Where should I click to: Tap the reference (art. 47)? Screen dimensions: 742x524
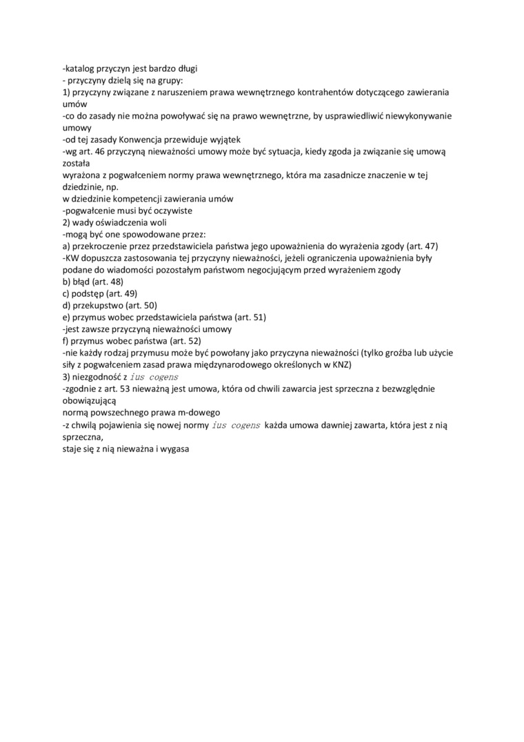(418, 246)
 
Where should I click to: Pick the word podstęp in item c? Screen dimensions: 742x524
(88, 293)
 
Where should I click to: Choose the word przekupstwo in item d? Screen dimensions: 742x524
(96, 305)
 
